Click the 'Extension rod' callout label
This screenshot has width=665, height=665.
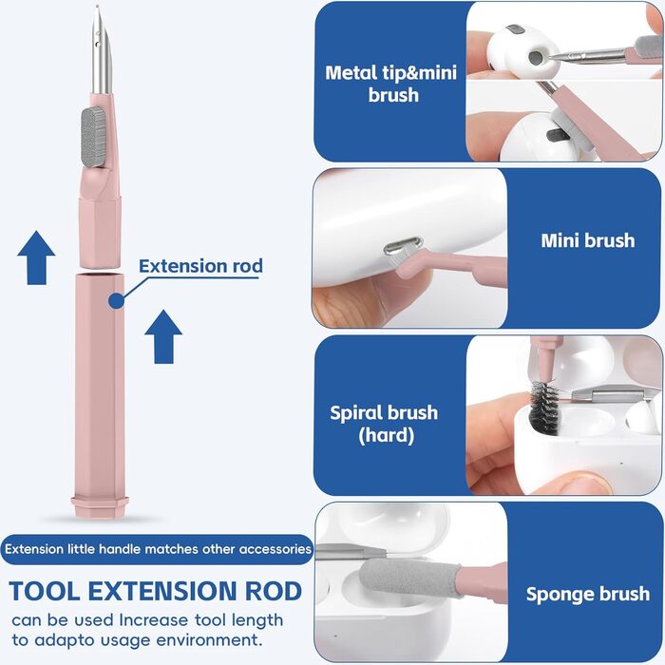coord(200,266)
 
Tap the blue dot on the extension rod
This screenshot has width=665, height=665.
coord(116,300)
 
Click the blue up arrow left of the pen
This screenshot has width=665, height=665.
coord(36,257)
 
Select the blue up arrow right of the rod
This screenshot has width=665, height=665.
coord(163,336)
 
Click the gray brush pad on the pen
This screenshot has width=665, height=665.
coord(93,137)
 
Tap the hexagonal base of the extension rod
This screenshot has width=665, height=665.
coord(100,506)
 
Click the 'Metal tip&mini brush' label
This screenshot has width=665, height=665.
coord(391,84)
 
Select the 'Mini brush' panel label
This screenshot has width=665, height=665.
coord(588,240)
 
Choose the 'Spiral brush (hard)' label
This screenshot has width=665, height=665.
coord(384,424)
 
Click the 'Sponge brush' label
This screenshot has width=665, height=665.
coord(588,594)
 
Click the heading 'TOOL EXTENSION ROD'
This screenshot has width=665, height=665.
coord(155,591)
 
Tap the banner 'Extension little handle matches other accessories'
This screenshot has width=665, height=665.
coord(159,549)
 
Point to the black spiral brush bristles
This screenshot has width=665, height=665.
coord(544,408)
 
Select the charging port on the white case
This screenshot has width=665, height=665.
coord(404,246)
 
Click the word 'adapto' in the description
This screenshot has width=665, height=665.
coord(65,640)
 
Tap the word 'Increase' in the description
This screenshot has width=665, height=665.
coord(153,620)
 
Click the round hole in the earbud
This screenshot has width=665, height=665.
coord(536,56)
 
